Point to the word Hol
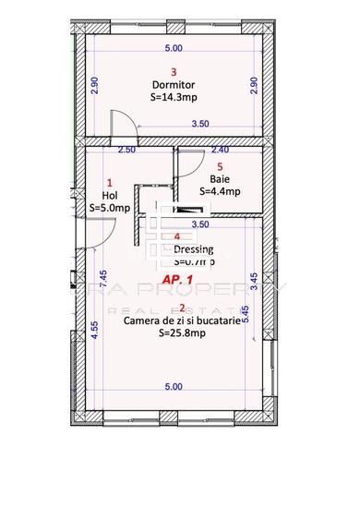[x=110, y=195]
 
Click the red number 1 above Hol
[x=110, y=183]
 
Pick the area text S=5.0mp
[x=110, y=209]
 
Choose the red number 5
[x=220, y=167]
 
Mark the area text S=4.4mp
[x=220, y=192]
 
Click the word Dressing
[x=193, y=248]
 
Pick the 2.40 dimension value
[x=220, y=150]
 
